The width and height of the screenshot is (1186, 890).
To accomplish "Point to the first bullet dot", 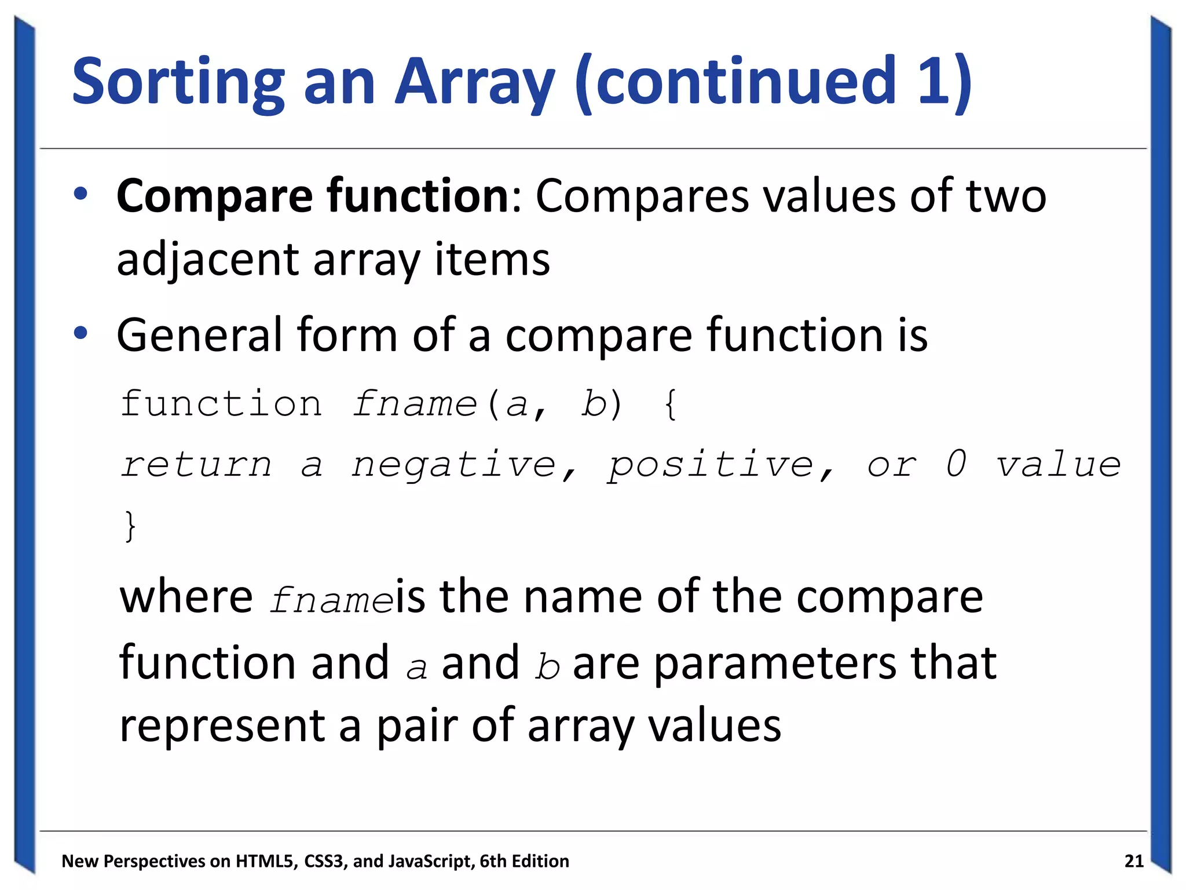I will click(80, 194).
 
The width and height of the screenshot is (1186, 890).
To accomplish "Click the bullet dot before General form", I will click(80, 333).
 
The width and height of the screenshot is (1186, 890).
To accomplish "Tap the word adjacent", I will click(207, 260).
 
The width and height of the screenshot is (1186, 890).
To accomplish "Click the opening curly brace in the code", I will click(671, 404).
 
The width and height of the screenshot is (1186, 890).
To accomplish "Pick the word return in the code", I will click(196, 465).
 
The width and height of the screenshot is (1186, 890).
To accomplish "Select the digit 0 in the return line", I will click(956, 464).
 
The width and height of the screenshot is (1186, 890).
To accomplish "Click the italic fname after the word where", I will click(331, 600).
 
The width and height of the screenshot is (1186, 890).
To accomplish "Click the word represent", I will click(222, 727).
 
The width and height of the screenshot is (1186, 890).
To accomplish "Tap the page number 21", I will click(1134, 861).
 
